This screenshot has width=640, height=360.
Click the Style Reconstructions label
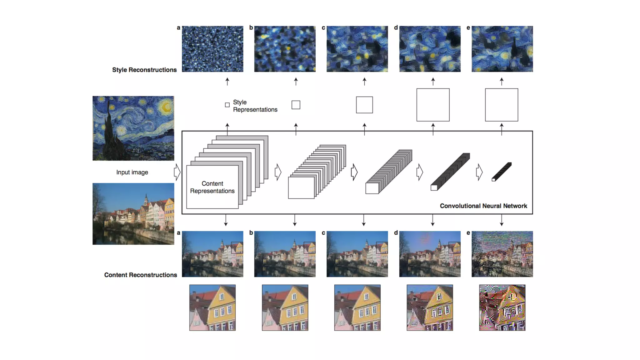point(144,70)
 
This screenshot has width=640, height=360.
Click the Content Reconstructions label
point(141,275)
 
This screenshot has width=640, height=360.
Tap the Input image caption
point(132,172)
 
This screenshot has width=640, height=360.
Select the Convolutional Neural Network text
point(483,206)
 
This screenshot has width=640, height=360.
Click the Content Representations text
point(212,187)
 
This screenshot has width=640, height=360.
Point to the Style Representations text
point(255,106)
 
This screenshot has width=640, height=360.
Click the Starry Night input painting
point(133,128)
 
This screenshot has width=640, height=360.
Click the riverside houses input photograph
point(133,214)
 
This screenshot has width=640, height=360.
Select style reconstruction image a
point(212,49)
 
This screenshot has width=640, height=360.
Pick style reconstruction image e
point(502,49)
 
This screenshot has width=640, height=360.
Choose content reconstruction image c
point(357,254)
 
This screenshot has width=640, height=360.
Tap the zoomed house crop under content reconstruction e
point(502,307)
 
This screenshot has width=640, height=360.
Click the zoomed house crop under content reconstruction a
point(212,307)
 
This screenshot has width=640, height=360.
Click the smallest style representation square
point(227,105)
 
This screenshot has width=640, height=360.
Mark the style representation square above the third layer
point(364,105)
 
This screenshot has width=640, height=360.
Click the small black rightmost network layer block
point(502,172)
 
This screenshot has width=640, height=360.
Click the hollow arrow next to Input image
point(177,172)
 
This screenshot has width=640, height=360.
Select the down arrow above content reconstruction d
point(433,220)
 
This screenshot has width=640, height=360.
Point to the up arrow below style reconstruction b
point(296,81)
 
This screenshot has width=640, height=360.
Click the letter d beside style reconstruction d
point(396,28)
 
